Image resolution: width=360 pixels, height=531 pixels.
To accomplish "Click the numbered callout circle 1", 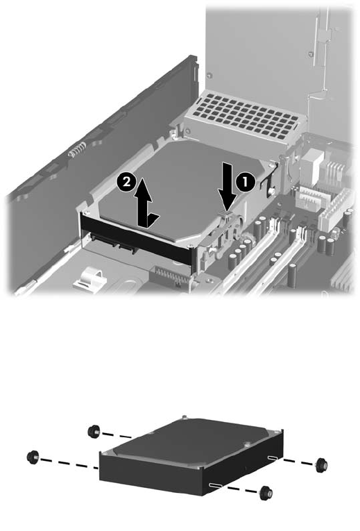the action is tap(245, 182).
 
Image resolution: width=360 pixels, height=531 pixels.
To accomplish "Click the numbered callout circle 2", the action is tap(126, 182).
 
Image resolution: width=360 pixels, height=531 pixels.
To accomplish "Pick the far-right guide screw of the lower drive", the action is tap(320, 465).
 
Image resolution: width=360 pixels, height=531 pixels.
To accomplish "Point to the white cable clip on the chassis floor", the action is tap(89, 275).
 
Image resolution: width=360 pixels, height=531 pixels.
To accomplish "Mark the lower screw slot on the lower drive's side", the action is tap(216, 486).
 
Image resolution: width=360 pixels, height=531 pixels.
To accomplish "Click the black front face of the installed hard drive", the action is tap(137, 239).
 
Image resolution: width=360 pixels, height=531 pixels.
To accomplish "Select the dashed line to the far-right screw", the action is tap(298, 462).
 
